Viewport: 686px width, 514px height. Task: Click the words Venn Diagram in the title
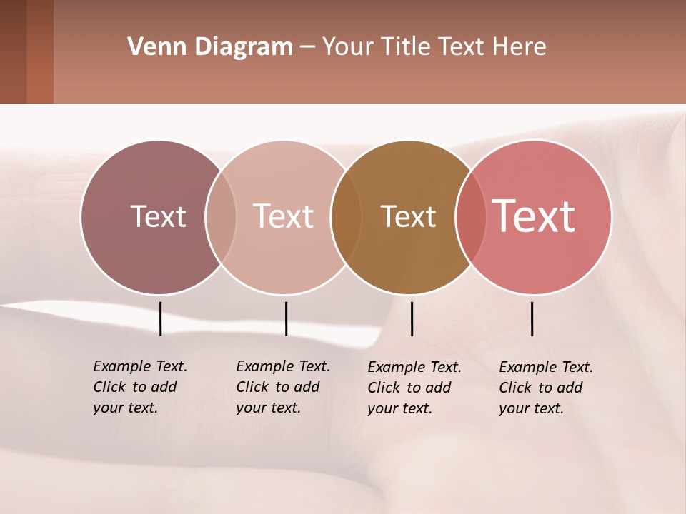pyautogui.click(x=210, y=47)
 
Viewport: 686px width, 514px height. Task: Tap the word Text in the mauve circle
pyautogui.click(x=158, y=217)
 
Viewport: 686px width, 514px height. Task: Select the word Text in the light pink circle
pyautogui.click(x=283, y=217)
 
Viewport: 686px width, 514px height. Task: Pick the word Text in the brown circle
pyautogui.click(x=408, y=217)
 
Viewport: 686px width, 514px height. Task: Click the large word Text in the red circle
pyautogui.click(x=534, y=217)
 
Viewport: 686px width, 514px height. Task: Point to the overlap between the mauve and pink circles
pyautogui.click(x=221, y=217)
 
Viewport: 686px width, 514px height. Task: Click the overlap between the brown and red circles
pyautogui.click(x=471, y=217)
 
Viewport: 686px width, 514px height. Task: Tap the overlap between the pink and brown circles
pyautogui.click(x=346, y=217)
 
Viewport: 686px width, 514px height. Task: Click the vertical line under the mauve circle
pyautogui.click(x=160, y=318)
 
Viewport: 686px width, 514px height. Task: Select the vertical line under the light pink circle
pyautogui.click(x=286, y=318)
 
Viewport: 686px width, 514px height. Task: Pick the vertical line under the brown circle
pyautogui.click(x=412, y=318)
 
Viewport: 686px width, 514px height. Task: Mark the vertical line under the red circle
pyautogui.click(x=532, y=318)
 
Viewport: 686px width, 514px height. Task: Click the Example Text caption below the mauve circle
pyautogui.click(x=140, y=387)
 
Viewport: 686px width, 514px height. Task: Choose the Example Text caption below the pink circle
pyautogui.click(x=283, y=387)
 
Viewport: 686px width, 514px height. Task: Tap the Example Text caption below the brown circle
pyautogui.click(x=414, y=388)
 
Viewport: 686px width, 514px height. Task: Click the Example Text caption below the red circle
pyautogui.click(x=546, y=388)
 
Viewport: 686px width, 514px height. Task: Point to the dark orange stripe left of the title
pyautogui.click(x=40, y=51)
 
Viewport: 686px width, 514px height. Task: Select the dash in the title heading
pyautogui.click(x=307, y=48)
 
